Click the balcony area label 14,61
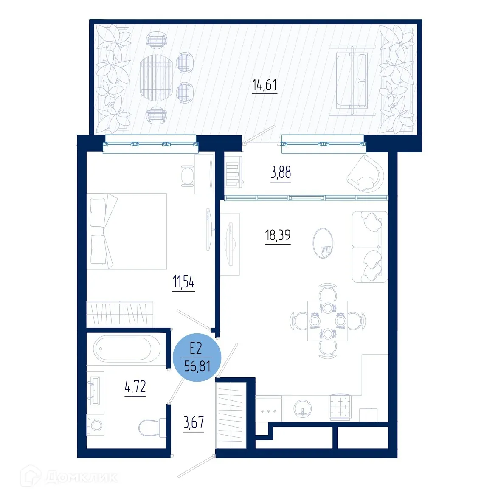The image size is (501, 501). pos(265,85)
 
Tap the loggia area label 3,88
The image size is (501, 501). pos(281,173)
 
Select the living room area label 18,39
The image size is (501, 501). pos(278,235)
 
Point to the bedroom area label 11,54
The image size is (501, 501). pos(183,281)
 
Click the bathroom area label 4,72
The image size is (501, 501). pos(135,387)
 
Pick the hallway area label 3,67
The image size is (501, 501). pos(194,422)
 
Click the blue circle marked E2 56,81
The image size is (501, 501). pos(197,357)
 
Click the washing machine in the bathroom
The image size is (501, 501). pos(95,425)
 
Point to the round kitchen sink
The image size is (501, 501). pos(302,408)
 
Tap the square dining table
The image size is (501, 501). pos(327,321)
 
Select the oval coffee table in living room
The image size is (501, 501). pos(323,243)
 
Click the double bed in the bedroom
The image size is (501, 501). pos(127,231)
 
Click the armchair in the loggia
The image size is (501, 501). pos(365,174)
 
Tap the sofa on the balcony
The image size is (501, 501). pos(352,80)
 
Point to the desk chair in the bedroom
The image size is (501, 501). pos(187,175)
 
